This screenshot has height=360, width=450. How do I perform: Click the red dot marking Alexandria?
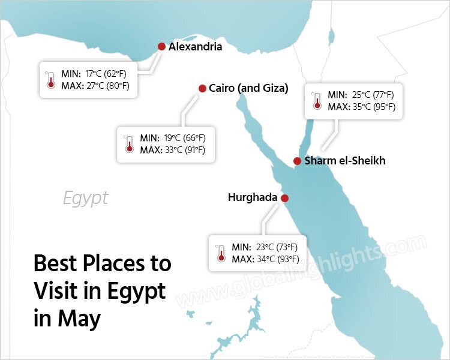[161, 47]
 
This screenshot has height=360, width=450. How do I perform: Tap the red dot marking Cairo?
[202, 88]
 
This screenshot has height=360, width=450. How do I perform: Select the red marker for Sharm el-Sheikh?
[297, 161]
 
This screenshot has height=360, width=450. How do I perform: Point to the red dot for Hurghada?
[284, 198]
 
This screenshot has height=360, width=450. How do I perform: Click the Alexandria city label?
[195, 47]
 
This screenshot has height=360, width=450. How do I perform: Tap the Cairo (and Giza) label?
[248, 88]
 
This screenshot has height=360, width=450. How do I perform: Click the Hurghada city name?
[253, 197]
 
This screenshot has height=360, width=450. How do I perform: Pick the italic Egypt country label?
[86, 198]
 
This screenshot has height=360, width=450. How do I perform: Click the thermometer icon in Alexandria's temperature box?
[50, 79]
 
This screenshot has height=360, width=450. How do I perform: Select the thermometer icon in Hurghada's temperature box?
[220, 253]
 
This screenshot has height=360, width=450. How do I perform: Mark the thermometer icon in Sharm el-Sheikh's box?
[316, 101]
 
